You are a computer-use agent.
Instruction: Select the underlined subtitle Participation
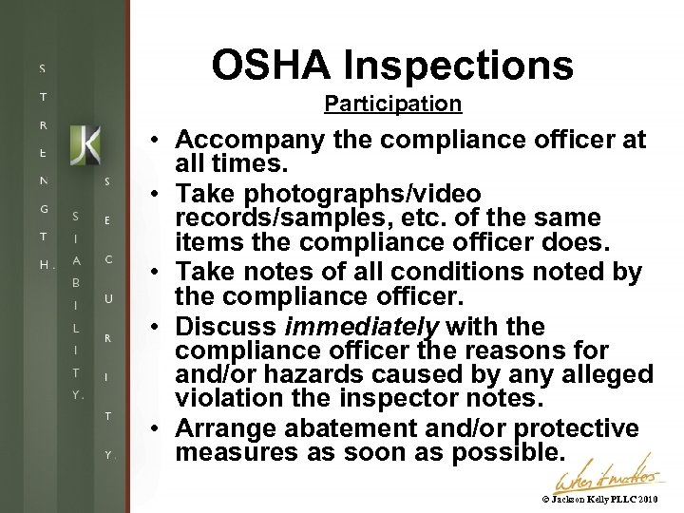392,104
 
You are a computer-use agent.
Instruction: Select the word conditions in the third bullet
435,273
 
